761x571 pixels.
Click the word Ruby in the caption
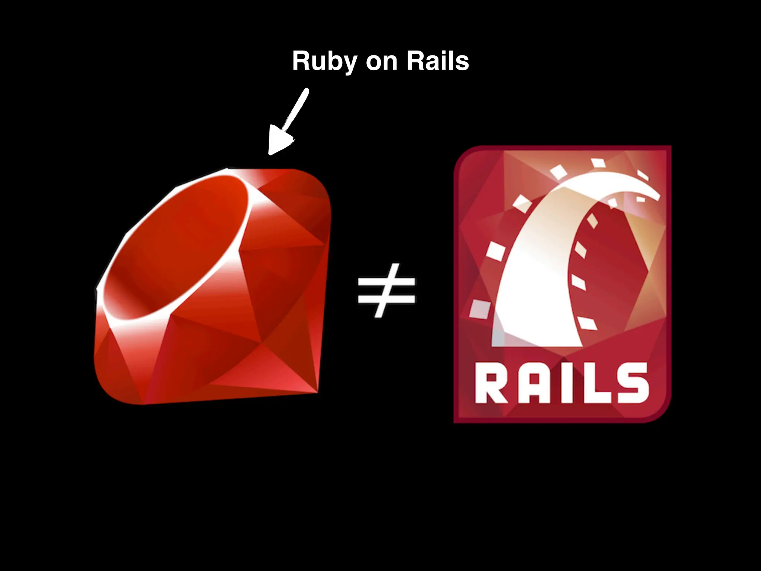(324, 61)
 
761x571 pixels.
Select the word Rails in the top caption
(437, 61)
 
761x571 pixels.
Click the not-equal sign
(386, 291)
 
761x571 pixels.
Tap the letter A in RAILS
(530, 383)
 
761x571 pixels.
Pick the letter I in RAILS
(561, 383)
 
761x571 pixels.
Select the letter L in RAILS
(590, 383)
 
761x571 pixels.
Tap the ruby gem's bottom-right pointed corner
(317, 391)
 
